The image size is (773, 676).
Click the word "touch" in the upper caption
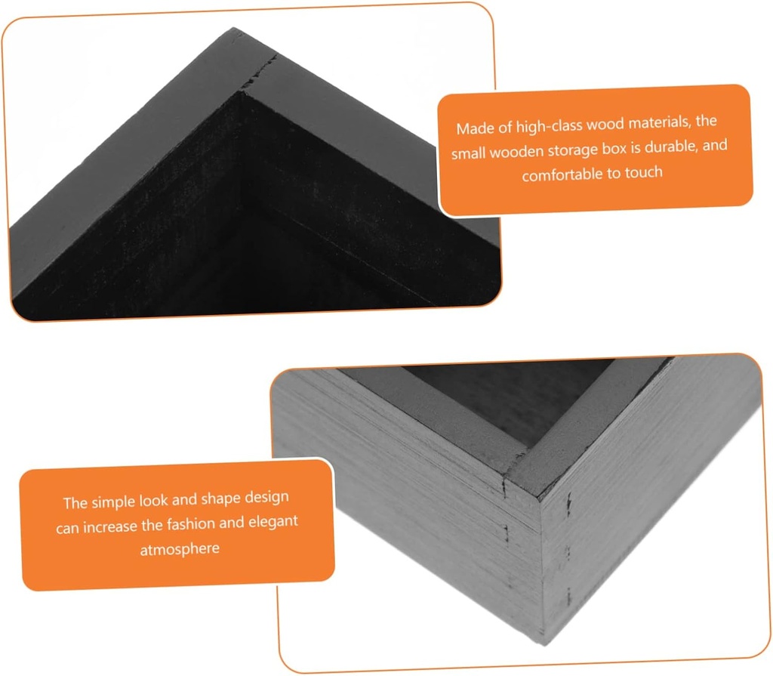click(644, 173)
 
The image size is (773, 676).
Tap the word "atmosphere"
click(180, 549)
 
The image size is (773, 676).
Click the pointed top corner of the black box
click(233, 29)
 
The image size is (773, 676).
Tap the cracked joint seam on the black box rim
click(258, 73)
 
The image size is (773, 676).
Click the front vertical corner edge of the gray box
click(542, 573)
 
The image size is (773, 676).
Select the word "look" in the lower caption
click(152, 500)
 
